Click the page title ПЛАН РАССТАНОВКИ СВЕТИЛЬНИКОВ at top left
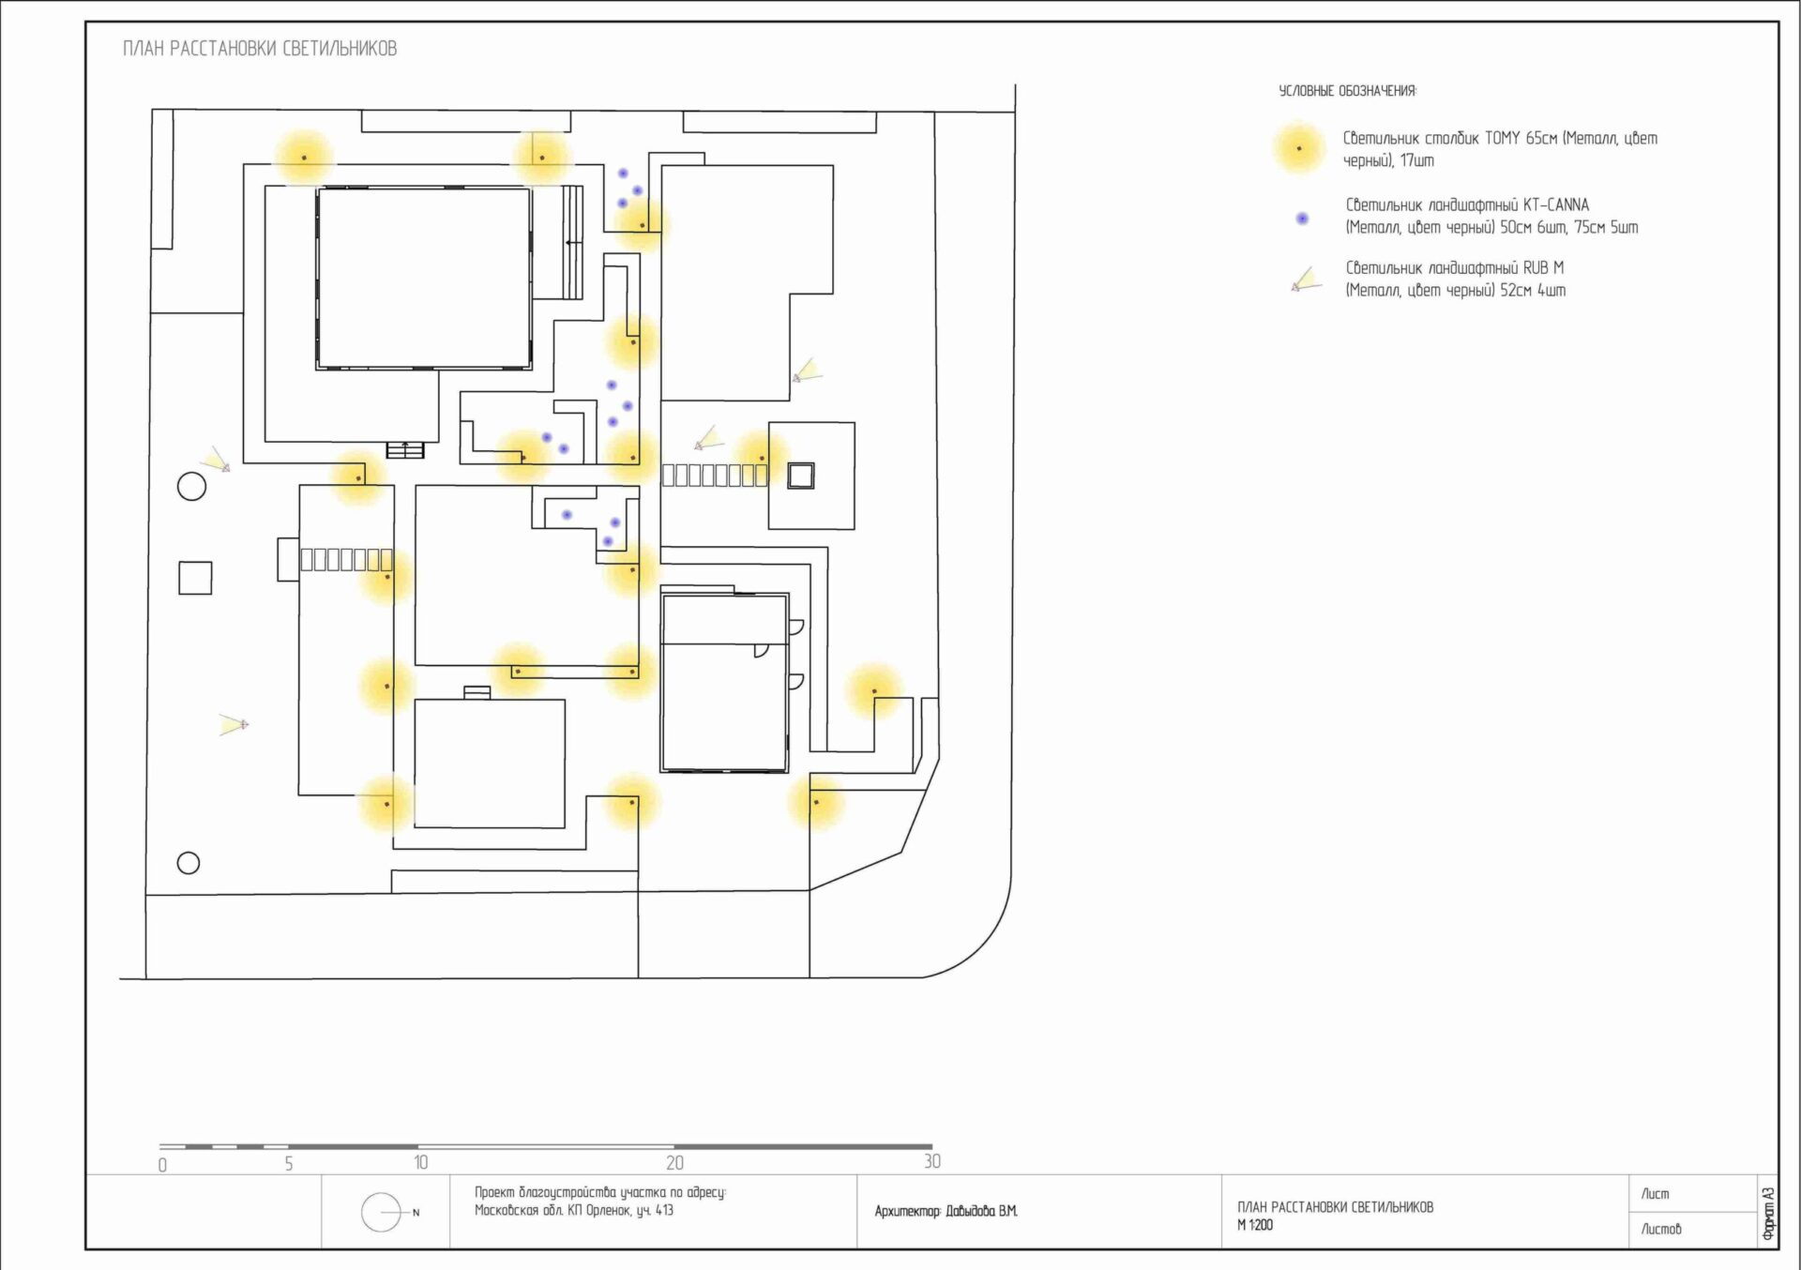click(260, 49)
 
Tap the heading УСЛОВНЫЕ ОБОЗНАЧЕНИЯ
click(1347, 91)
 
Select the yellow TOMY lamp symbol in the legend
click(1299, 148)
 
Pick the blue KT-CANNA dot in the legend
click(1302, 219)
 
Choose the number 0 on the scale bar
click(162, 1165)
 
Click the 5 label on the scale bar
click(289, 1164)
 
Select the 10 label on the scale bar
click(421, 1163)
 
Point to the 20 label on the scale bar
click(674, 1163)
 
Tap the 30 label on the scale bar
click(931, 1161)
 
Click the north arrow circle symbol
click(381, 1213)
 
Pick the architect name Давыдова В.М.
click(981, 1212)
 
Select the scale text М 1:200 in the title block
click(1255, 1225)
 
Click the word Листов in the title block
click(1660, 1229)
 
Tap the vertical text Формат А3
click(1768, 1214)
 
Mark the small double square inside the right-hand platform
click(800, 476)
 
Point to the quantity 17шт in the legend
click(1416, 161)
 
